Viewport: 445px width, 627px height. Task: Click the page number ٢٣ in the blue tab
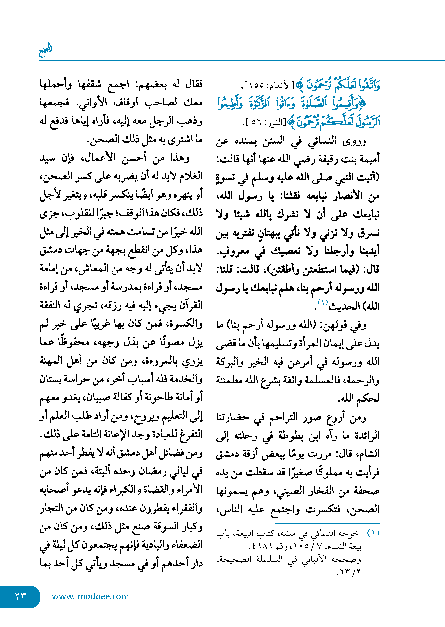pos(20,596)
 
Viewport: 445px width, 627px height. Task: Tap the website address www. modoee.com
pos(90,596)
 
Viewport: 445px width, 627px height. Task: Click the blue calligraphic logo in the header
pos(46,50)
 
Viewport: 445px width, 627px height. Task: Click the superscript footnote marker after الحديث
pos(322,302)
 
